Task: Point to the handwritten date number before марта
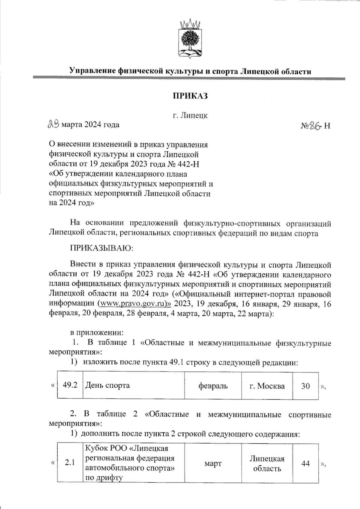pyautogui.click(x=54, y=124)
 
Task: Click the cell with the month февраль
pyautogui.click(x=213, y=386)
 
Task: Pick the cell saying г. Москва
pyautogui.click(x=267, y=386)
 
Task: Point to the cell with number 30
pyautogui.click(x=305, y=386)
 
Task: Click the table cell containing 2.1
pyautogui.click(x=70, y=463)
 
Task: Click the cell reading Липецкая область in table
pyautogui.click(x=267, y=463)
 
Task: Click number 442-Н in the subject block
pyautogui.click(x=189, y=164)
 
